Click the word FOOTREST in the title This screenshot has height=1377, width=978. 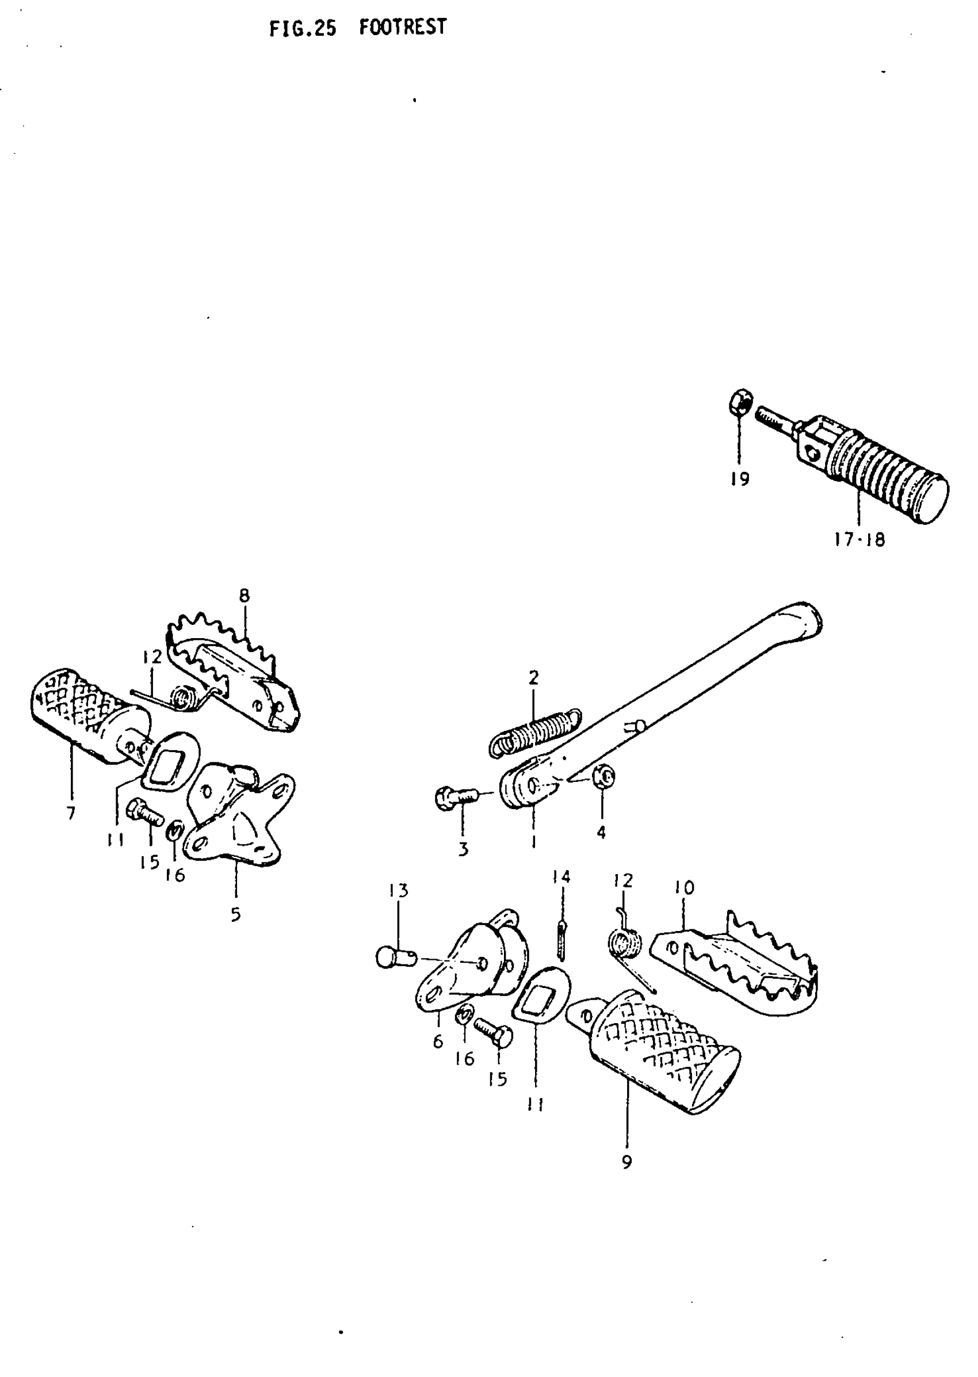tap(402, 27)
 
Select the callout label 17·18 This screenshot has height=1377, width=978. tap(859, 539)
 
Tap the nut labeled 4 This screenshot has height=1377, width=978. tap(603, 776)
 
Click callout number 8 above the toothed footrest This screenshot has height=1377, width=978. tap(244, 596)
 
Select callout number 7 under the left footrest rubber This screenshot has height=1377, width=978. tap(71, 813)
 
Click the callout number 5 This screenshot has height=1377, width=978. tap(235, 914)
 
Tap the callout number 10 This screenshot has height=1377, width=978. tap(685, 887)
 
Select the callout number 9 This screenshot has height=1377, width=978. tap(627, 1162)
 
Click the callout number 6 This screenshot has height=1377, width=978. tap(438, 1041)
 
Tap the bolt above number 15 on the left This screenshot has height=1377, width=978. tap(146, 814)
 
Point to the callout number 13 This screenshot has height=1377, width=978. tap(398, 890)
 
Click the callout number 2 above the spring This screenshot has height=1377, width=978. tap(533, 678)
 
